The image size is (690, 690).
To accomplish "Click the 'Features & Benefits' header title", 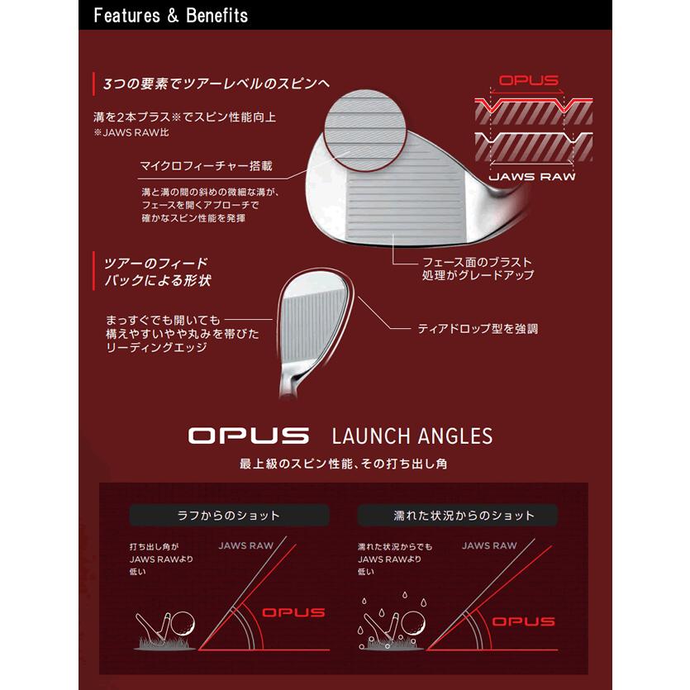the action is (171, 16).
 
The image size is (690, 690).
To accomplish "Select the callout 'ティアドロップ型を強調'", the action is (478, 329).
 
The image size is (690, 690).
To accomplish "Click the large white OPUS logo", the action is (248, 435).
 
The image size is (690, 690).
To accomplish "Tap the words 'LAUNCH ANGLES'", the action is (412, 435).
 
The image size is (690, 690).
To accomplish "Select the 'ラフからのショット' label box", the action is (229, 516).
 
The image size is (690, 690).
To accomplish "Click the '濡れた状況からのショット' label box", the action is (458, 516).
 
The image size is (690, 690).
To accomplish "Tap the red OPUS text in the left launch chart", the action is (293, 613).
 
